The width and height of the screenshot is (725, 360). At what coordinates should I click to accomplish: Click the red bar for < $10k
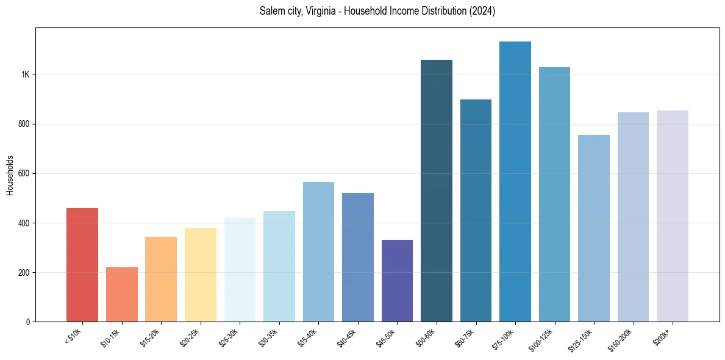(x=82, y=265)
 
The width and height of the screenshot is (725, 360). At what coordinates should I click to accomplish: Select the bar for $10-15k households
(x=121, y=294)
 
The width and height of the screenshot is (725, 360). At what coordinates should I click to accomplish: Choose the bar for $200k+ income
(x=673, y=216)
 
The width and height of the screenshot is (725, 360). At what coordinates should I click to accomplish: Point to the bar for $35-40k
(x=318, y=251)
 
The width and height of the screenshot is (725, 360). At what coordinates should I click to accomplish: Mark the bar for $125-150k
(x=594, y=228)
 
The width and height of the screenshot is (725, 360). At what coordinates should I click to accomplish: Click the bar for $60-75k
(x=476, y=211)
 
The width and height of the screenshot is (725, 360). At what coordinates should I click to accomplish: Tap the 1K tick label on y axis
(x=25, y=74)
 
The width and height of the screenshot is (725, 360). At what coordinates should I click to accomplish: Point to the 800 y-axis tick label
(x=24, y=124)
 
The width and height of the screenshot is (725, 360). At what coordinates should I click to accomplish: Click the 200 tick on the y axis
(x=24, y=272)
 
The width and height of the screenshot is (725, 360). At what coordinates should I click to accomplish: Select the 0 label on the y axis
(x=27, y=322)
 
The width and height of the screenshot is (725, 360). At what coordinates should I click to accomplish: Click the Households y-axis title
(x=10, y=175)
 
